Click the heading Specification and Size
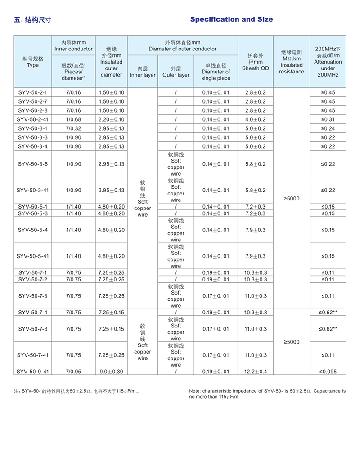tap(231, 19)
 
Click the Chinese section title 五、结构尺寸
tap(33, 20)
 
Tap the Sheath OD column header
tap(255, 62)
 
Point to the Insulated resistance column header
tap(291, 62)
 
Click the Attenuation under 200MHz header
tap(328, 62)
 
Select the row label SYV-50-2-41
tap(33, 119)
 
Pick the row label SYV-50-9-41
tap(33, 372)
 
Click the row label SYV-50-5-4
tap(33, 230)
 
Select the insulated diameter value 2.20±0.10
tap(111, 119)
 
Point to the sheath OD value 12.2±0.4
tap(255, 372)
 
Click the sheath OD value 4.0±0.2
tap(255, 119)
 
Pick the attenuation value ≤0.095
tap(328, 372)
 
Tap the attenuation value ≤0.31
tap(328, 119)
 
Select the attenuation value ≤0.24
tap(328, 128)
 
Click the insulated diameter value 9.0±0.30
tap(111, 372)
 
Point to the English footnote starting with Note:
tap(267, 394)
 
